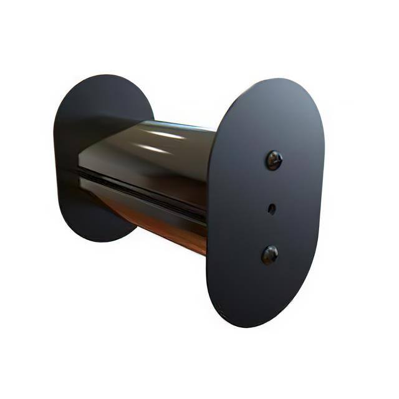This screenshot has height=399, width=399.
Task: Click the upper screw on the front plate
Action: pos(274,160)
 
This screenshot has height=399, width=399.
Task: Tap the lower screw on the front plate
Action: pos(270,254)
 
